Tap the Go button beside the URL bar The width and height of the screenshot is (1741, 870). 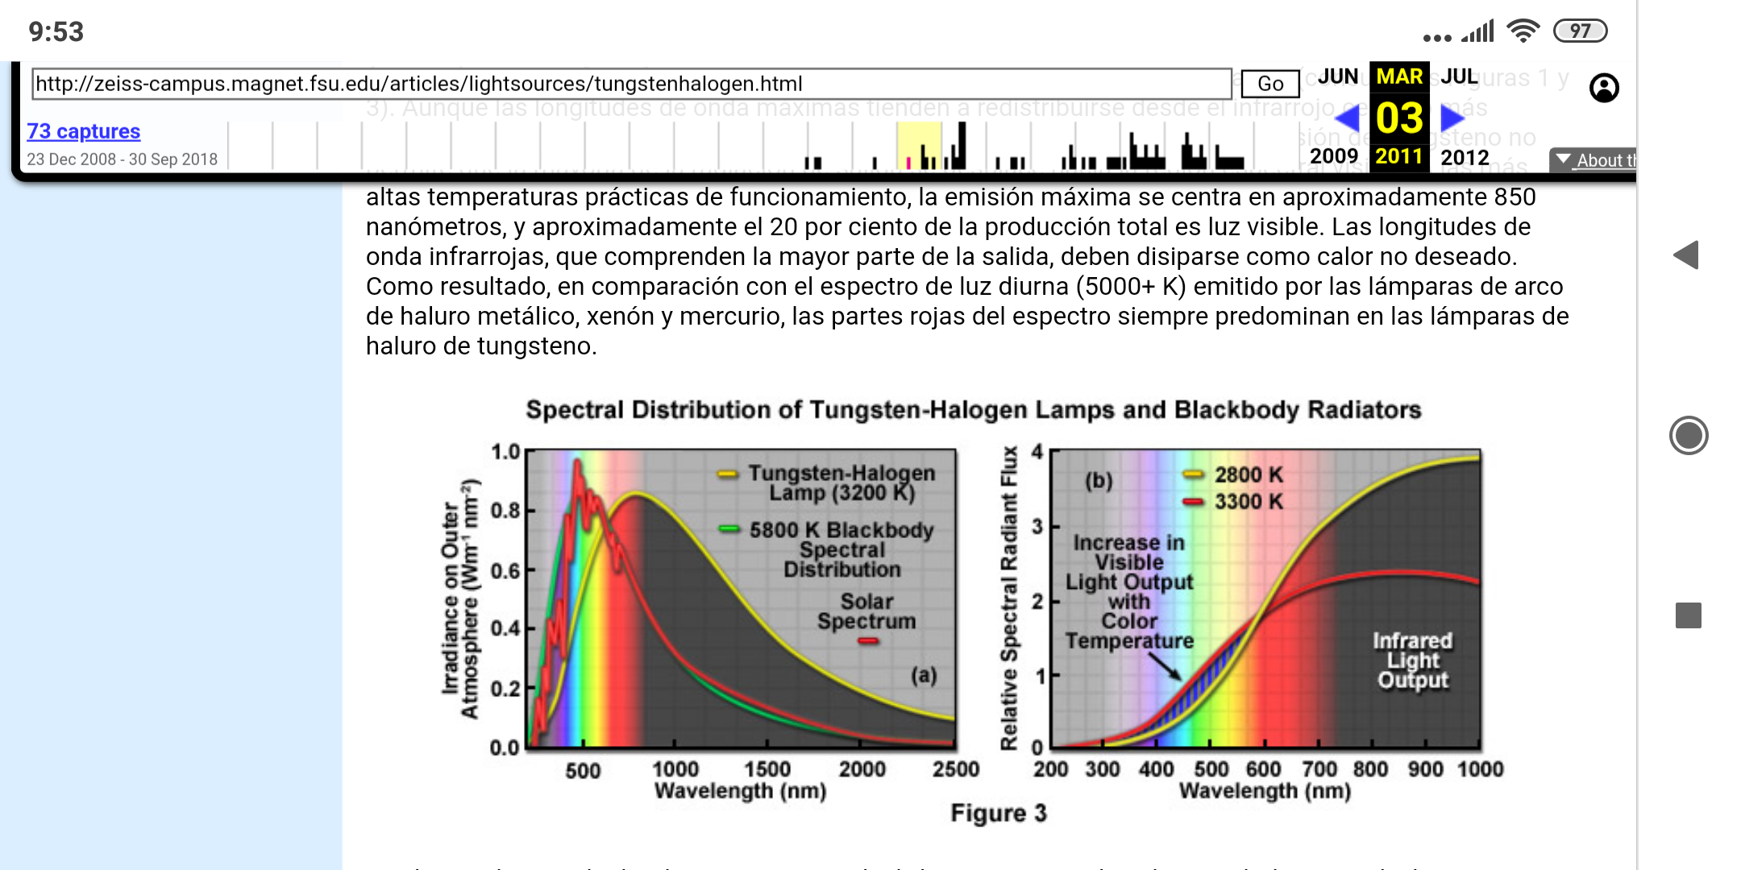(x=1270, y=84)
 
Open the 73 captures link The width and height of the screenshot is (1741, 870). (x=84, y=131)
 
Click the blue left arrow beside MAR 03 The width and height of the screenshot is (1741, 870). (x=1348, y=118)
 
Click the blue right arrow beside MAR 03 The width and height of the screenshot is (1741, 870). (x=1452, y=118)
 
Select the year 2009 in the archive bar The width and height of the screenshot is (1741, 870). (x=1334, y=156)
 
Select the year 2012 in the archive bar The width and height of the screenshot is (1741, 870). (x=1465, y=157)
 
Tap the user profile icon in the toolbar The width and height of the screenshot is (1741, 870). (x=1604, y=87)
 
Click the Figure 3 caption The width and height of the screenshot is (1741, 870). (x=998, y=813)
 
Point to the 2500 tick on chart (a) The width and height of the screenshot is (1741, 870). (x=956, y=769)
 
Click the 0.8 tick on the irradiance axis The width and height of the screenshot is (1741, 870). (x=505, y=511)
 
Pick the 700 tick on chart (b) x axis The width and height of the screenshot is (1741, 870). (x=1319, y=769)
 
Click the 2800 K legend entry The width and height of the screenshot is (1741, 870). (x=1248, y=474)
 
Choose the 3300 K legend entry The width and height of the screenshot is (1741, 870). (x=1248, y=501)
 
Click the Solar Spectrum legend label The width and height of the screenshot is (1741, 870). (x=866, y=611)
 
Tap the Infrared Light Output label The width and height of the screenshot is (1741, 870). (x=1412, y=661)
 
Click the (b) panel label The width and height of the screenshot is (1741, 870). (x=1099, y=481)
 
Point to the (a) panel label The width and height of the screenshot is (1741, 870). (x=924, y=675)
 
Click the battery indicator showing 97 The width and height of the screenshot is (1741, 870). (x=1580, y=31)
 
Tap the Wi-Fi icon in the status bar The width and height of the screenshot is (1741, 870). (x=1523, y=31)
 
